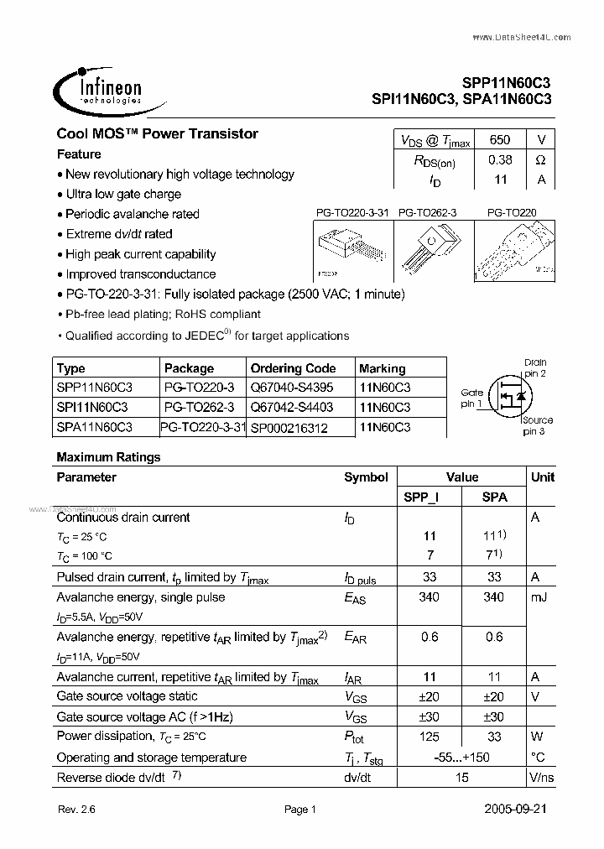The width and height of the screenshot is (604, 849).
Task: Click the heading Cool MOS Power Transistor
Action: pyautogui.click(x=157, y=134)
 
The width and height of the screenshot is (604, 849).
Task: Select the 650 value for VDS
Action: pyautogui.click(x=499, y=140)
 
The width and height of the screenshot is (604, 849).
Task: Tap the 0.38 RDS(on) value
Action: pyautogui.click(x=499, y=159)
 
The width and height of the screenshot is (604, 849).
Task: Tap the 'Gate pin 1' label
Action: pyautogui.click(x=471, y=398)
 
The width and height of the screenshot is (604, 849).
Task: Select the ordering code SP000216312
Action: pyautogui.click(x=289, y=428)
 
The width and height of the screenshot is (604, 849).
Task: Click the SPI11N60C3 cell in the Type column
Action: pyautogui.click(x=92, y=407)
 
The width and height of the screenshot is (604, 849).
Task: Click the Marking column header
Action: pyautogui.click(x=382, y=368)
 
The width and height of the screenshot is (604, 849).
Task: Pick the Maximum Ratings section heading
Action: pyautogui.click(x=108, y=457)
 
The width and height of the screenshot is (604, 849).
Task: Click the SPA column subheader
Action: pyautogui.click(x=494, y=497)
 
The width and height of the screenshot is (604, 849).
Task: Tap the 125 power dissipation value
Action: pyautogui.click(x=430, y=737)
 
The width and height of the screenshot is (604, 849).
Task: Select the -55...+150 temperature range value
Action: pyautogui.click(x=461, y=757)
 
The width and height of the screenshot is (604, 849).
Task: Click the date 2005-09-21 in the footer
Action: pyautogui.click(x=520, y=810)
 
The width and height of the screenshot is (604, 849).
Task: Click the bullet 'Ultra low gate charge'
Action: pyautogui.click(x=123, y=195)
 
